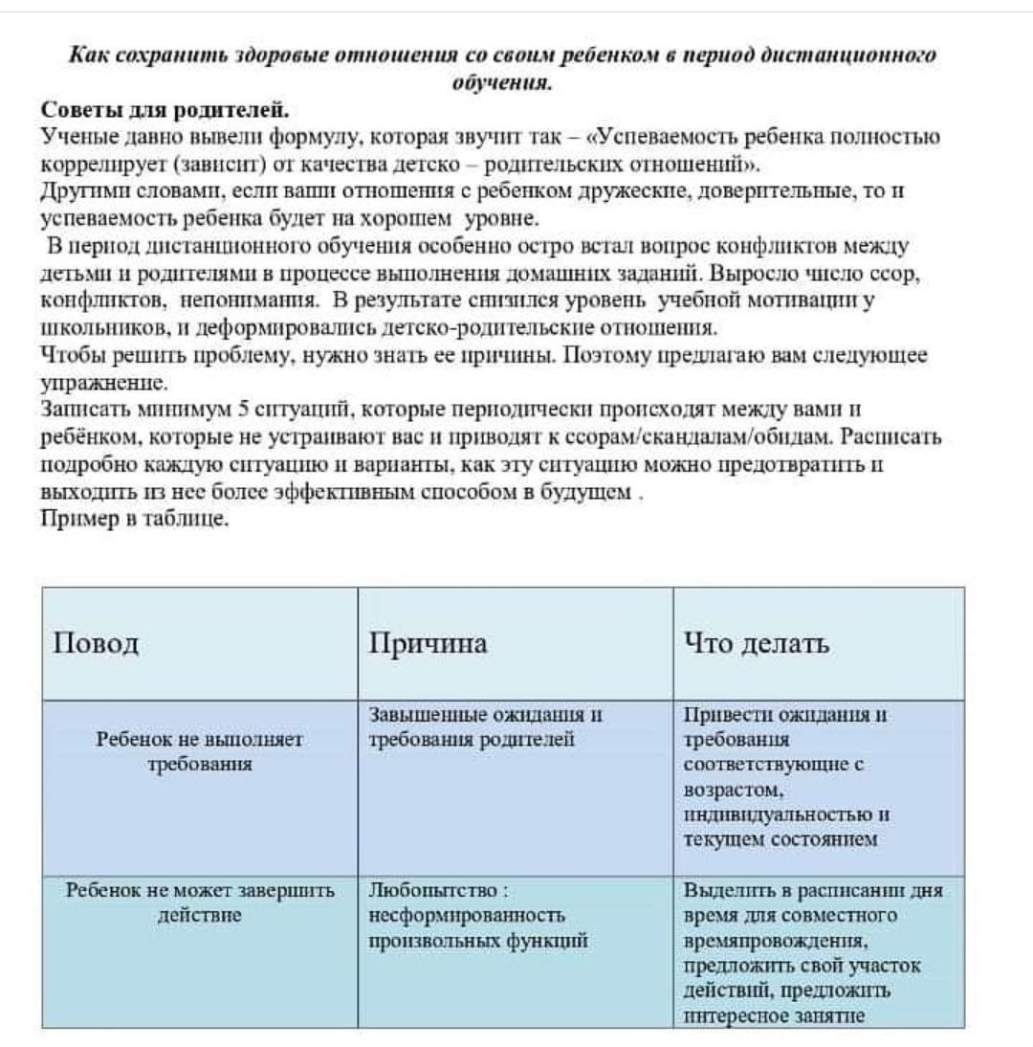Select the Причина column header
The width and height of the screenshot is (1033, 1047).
(428, 644)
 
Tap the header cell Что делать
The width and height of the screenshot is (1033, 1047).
(757, 644)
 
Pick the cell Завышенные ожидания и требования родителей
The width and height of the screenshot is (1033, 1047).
(486, 726)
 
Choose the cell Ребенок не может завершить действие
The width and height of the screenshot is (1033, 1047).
(200, 902)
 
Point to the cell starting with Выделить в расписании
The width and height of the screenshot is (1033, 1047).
(814, 953)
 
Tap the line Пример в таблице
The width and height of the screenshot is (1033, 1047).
(135, 519)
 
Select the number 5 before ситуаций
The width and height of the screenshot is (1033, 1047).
(243, 410)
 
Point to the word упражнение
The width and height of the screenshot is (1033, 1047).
(104, 384)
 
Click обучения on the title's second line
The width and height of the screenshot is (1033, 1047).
(503, 82)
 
